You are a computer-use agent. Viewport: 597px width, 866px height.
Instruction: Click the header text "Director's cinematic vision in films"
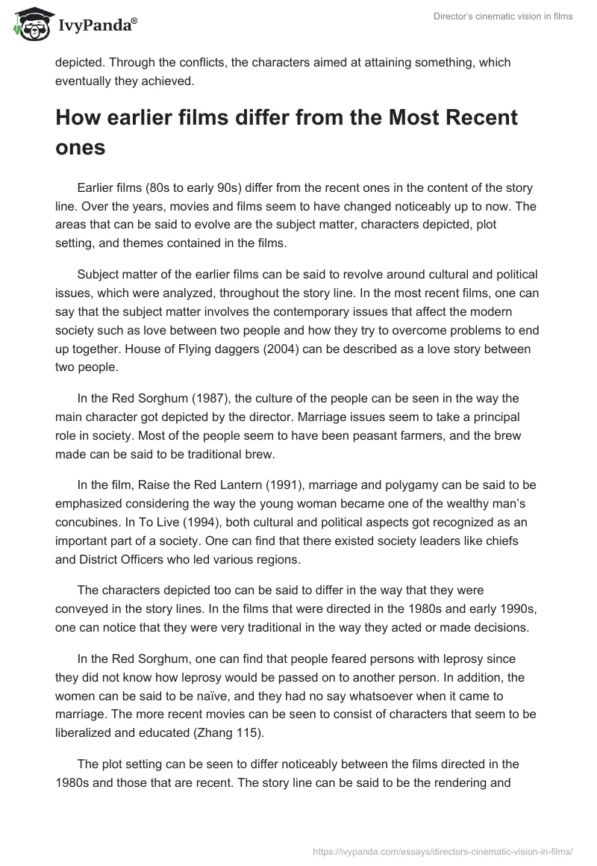[x=503, y=16]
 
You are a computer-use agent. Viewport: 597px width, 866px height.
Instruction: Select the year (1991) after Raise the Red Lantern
[x=278, y=485]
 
